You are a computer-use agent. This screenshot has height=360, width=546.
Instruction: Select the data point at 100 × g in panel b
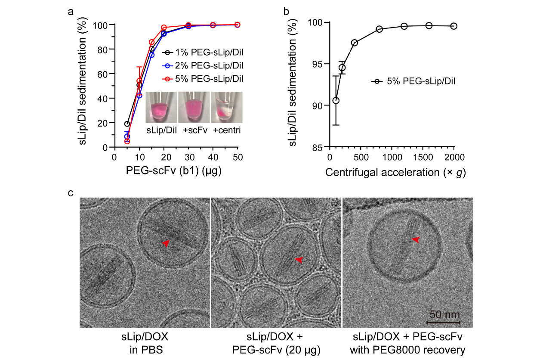[x=336, y=101]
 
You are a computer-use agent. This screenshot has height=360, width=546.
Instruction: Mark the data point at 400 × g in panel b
[x=355, y=43]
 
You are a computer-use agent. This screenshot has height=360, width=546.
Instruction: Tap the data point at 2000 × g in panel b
[x=453, y=26]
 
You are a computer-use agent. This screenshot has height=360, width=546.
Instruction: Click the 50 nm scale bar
[x=443, y=322]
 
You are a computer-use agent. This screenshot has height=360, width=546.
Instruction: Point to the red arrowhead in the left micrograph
[x=166, y=243]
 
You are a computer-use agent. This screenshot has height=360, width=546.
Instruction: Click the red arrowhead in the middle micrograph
[x=299, y=260]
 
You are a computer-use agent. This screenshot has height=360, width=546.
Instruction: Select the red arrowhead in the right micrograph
[x=416, y=239]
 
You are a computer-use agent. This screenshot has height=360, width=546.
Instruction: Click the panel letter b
[x=286, y=12]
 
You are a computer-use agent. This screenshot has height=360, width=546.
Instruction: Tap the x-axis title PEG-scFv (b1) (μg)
[x=174, y=171]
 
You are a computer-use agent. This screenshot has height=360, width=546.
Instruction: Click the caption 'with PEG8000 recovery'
[x=407, y=350]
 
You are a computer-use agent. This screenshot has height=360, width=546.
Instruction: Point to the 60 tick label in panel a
[x=103, y=74]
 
